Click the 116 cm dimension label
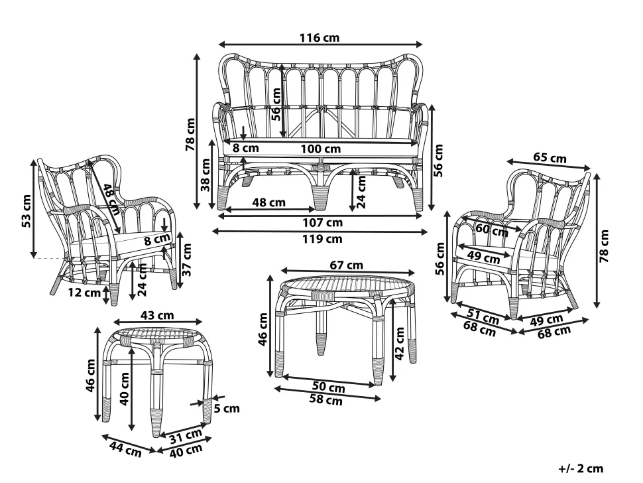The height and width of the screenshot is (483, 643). point(321,38)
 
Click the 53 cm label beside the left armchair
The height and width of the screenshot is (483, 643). point(27,211)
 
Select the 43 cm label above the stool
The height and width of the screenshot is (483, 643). point(156,314)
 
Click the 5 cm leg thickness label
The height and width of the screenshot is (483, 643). point(226,408)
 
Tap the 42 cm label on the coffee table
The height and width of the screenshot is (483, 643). point(399,342)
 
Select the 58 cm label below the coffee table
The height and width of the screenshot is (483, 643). point(325,400)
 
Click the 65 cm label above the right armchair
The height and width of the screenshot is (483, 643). point(550,158)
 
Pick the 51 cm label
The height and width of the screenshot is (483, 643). point(483,317)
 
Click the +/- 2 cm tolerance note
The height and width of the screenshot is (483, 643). point(581,469)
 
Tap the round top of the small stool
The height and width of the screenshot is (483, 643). point(156,334)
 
